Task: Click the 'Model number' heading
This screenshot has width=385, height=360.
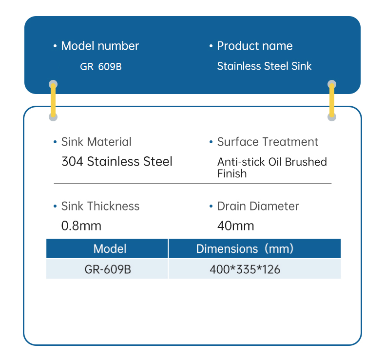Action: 100,46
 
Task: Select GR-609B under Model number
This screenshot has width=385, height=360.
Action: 100,66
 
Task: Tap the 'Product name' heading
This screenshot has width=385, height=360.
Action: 254,46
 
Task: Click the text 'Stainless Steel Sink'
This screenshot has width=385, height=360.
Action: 264,66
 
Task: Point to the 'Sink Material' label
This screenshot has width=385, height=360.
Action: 96,142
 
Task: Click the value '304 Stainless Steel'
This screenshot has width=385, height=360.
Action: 117,161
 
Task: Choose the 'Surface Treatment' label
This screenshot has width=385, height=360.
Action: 268,142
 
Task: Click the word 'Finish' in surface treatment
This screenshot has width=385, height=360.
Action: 232,173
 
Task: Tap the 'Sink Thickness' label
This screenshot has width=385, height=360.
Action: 100,206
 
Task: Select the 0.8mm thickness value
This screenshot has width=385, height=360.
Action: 81,226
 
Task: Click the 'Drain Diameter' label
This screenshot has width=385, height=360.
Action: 258,206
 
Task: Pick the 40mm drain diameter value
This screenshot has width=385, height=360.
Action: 236,226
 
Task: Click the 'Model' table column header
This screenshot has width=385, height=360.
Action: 110,249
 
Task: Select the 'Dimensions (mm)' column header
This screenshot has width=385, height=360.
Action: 245,249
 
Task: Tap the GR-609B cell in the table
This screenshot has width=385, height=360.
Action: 108,269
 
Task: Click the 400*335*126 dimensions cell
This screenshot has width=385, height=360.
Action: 245,269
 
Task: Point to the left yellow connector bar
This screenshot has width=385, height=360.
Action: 53,100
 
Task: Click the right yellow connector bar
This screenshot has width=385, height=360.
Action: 332,100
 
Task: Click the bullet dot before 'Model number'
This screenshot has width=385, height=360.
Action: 55,46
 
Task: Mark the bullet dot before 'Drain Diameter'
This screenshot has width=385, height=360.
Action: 211,207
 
